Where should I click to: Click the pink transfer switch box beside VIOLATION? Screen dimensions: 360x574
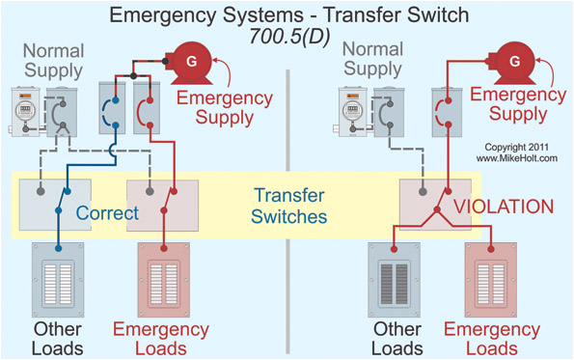point(435,202)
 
